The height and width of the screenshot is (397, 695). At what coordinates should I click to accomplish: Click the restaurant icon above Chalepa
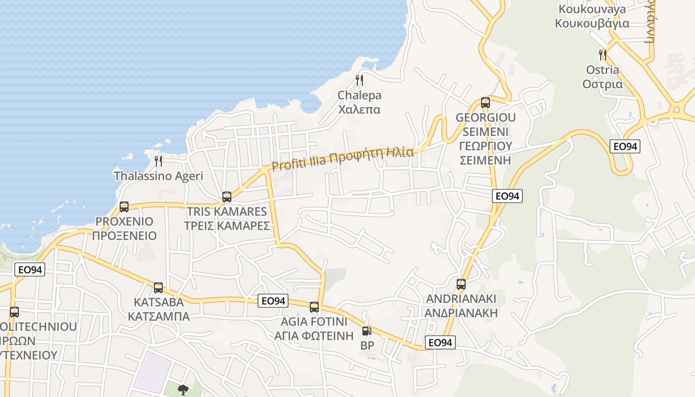pyautogui.click(x=359, y=80)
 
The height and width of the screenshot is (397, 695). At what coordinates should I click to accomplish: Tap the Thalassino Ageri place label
pyautogui.click(x=158, y=176)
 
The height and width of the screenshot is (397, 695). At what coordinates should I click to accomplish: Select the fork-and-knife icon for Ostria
pyautogui.click(x=603, y=55)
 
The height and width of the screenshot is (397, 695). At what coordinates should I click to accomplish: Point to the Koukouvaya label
pyautogui.click(x=592, y=9)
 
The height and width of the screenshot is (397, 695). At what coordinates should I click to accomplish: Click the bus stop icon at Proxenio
pyautogui.click(x=124, y=207)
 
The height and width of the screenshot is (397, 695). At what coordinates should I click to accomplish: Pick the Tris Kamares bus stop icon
pyautogui.click(x=227, y=197)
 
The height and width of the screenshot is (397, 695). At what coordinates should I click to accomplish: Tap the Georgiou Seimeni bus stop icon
pyautogui.click(x=486, y=103)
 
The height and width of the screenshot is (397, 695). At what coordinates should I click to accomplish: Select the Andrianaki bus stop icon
pyautogui.click(x=461, y=284)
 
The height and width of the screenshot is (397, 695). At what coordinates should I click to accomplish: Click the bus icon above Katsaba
pyautogui.click(x=158, y=287)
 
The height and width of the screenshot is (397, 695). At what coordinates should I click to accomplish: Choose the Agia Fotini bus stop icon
pyautogui.click(x=314, y=307)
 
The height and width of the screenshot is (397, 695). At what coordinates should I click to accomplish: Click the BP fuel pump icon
pyautogui.click(x=366, y=331)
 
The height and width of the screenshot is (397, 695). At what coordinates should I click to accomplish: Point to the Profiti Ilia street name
pyautogui.click(x=343, y=158)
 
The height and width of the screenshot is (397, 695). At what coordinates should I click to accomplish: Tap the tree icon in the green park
pyautogui.click(x=183, y=390)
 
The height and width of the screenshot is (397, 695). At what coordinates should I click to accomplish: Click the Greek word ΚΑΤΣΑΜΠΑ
pyautogui.click(x=158, y=316)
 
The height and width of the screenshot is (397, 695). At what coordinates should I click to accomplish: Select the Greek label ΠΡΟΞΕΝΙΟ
pyautogui.click(x=124, y=236)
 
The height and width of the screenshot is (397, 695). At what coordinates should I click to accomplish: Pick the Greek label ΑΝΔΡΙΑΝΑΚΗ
pyautogui.click(x=461, y=313)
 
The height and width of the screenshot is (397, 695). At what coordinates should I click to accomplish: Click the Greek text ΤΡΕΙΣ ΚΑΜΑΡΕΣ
pyautogui.click(x=227, y=226)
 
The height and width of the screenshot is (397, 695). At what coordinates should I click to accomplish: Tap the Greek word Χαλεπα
pyautogui.click(x=359, y=109)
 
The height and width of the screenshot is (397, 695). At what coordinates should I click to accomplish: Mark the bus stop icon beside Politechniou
pyautogui.click(x=14, y=312)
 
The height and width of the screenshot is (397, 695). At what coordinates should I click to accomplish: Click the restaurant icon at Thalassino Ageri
pyautogui.click(x=158, y=161)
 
